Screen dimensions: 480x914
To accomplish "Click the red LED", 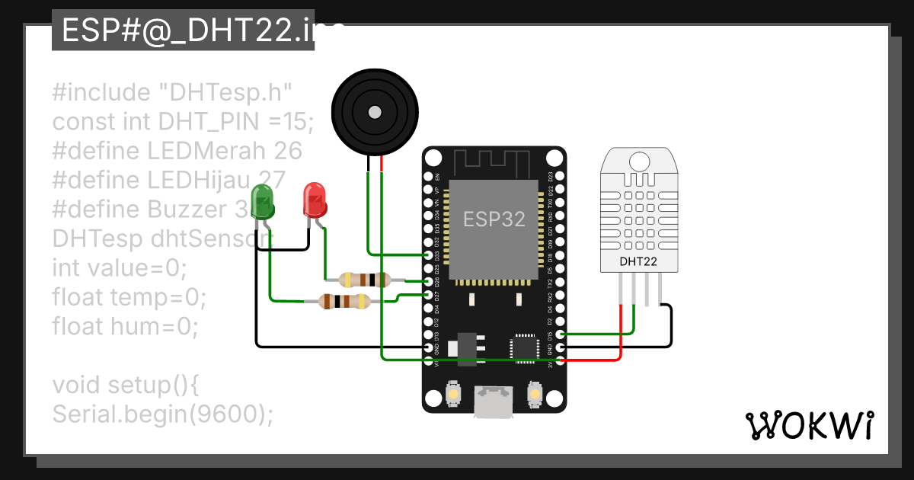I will click(x=315, y=200).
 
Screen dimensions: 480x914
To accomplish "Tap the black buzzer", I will click(x=375, y=113).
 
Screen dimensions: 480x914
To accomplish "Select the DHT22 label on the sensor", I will click(x=638, y=261).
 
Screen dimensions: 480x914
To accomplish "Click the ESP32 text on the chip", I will click(x=495, y=219).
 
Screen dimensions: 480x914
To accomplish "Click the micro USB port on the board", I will click(x=494, y=401).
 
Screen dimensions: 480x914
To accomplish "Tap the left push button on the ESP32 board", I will click(x=453, y=394).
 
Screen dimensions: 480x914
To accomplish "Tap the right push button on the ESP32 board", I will click(x=534, y=394).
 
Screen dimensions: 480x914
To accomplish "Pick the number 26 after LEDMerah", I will click(x=288, y=150).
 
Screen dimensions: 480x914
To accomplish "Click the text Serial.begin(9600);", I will click(x=162, y=413).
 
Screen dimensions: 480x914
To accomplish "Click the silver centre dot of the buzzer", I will click(x=375, y=113).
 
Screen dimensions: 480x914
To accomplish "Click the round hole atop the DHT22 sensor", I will click(x=638, y=160).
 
